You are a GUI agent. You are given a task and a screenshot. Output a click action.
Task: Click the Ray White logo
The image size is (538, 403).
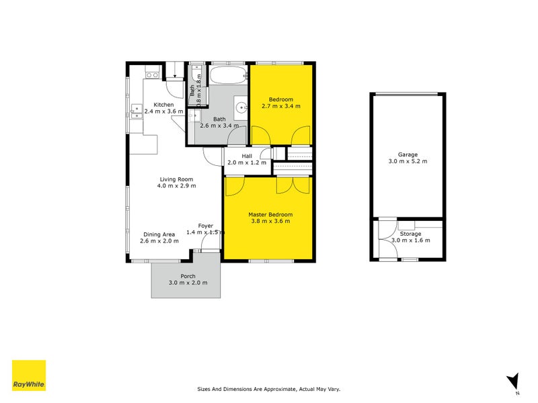(29, 375)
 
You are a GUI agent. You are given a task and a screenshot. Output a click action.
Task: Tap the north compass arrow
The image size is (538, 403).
(513, 380)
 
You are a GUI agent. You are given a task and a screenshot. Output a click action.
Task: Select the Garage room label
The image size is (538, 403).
(408, 154)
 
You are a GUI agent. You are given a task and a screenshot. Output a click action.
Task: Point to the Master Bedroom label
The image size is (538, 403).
(270, 214)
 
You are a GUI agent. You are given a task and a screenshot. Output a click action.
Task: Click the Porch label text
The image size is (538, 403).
(188, 276)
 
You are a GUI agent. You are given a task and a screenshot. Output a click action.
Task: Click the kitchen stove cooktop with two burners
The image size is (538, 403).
(152, 75)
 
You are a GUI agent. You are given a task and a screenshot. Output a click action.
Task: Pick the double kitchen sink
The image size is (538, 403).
(137, 111)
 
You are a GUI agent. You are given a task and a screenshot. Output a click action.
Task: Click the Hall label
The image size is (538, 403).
(247, 156)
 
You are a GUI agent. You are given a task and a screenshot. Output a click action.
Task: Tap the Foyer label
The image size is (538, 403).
(205, 226)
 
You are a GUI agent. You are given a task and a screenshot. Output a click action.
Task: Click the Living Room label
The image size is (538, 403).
(176, 179)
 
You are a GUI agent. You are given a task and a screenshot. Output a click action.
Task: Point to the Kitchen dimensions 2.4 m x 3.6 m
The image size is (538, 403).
(163, 111)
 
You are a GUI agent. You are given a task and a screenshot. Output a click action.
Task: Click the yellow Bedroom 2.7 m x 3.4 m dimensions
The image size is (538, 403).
(280, 106)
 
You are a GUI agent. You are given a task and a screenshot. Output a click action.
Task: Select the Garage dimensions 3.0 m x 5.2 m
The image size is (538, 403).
(408, 161)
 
